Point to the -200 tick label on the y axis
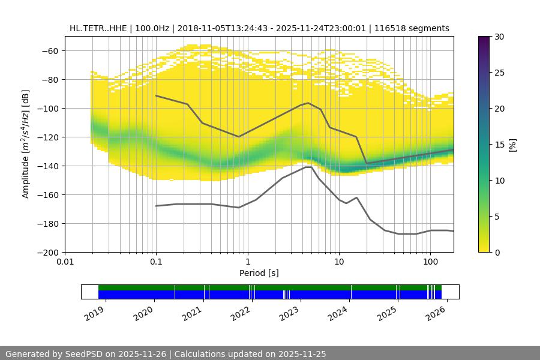(x=48, y=253)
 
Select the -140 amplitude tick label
(x=48, y=166)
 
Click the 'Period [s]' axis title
(x=259, y=274)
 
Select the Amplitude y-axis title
(x=26, y=145)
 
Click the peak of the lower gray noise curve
(x=308, y=167)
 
